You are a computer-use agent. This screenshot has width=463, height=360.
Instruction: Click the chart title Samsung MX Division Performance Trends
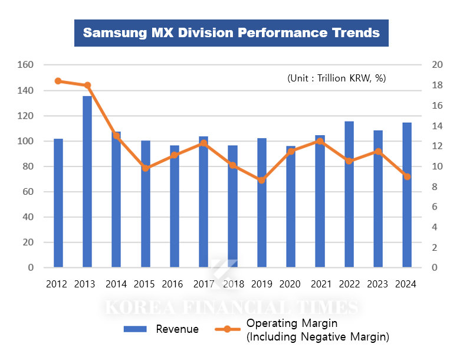(231, 32)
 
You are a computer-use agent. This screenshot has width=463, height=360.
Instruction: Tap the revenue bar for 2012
(58, 203)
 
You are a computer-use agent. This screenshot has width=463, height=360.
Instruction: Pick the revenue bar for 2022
(349, 194)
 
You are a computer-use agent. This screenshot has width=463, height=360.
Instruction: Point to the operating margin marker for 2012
(58, 81)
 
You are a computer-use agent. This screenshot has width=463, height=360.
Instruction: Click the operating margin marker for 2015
(146, 168)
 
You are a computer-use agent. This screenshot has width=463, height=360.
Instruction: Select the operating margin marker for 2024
(407, 176)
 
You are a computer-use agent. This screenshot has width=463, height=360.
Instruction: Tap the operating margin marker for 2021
(320, 141)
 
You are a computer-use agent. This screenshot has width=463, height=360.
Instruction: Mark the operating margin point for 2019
(262, 180)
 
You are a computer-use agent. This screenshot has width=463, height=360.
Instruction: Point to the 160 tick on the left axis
(27, 65)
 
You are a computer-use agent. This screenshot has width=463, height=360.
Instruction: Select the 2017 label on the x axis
(203, 284)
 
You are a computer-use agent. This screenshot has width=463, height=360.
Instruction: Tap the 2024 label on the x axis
(407, 284)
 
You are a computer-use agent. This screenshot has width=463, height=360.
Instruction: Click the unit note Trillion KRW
(336, 78)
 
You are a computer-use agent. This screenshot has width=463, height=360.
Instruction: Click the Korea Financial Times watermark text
(231, 307)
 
